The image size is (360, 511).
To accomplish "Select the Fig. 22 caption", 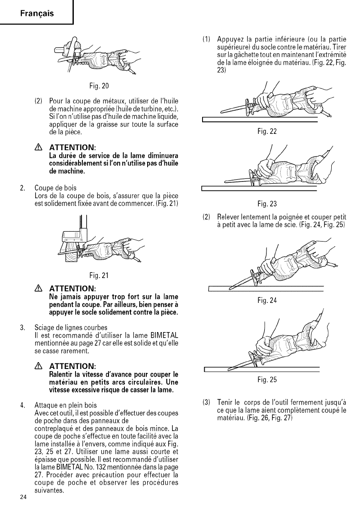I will click(x=260, y=132).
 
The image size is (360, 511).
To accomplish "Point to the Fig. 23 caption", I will click(x=260, y=204).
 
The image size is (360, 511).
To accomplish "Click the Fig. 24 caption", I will click(x=265, y=301).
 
